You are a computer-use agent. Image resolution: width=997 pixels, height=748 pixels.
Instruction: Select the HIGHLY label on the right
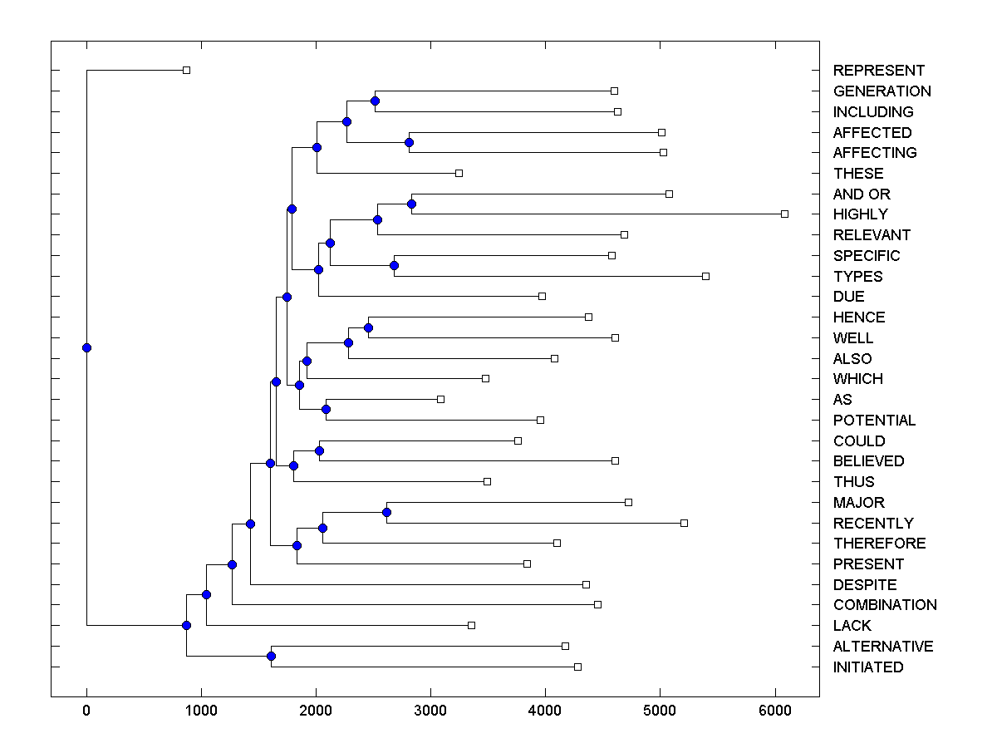point(860,214)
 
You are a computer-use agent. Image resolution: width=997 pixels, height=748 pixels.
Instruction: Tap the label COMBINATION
point(885,605)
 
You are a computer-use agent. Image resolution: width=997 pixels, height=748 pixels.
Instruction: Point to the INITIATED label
point(868,667)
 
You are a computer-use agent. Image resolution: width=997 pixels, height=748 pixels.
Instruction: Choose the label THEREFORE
point(879,544)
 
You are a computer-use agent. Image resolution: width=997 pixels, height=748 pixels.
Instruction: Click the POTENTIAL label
point(874,421)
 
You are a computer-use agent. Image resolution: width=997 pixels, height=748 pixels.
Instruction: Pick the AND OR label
point(862,194)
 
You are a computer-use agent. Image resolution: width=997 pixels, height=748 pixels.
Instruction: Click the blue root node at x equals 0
point(86,347)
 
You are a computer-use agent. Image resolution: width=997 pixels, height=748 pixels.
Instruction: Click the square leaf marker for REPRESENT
point(186,70)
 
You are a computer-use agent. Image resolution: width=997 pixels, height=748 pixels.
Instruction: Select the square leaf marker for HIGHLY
point(784,214)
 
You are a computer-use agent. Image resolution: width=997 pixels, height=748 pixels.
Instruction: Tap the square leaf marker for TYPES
point(705,276)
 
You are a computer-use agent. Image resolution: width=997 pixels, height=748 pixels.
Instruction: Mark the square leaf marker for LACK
point(471,625)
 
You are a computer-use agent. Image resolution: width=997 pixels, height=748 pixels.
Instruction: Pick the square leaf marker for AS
point(440,399)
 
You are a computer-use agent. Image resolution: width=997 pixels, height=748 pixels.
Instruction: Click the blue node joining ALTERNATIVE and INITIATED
point(271,656)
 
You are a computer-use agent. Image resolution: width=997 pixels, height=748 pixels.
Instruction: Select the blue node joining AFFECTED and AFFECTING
point(409,142)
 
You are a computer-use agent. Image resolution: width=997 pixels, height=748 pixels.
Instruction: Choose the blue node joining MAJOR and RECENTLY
point(386,512)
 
